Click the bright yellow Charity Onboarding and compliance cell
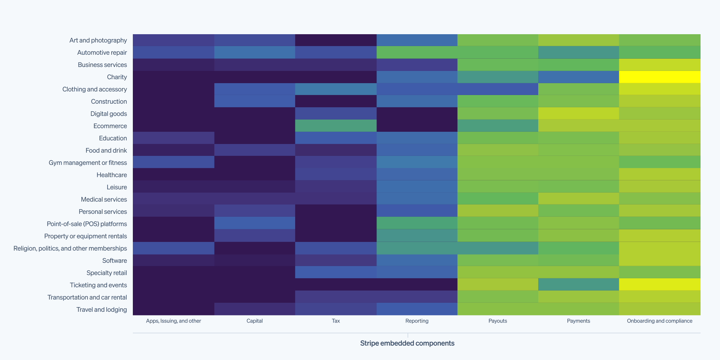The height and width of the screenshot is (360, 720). coord(660,77)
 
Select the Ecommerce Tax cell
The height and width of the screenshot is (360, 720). coord(336,126)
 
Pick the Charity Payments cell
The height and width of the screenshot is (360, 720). coord(579,77)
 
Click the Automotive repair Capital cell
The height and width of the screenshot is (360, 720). coord(255,53)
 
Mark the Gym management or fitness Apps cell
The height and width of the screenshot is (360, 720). coord(174,163)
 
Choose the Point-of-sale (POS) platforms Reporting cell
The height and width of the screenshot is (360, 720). coord(417,224)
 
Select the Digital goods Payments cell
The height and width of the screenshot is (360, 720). coord(579,114)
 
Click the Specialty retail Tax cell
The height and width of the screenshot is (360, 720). coord(336,273)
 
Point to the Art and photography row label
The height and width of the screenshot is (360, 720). coord(98,40)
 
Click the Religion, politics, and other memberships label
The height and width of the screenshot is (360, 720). coord(70,248)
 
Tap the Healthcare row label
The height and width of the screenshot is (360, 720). coord(112,175)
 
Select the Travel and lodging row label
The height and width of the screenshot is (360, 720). coord(102,310)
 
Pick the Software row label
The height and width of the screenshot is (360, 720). coord(114,261)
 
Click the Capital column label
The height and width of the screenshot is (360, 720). coord(255,321)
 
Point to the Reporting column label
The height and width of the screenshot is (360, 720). coord(417,321)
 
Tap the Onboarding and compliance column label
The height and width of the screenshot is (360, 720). coord(660,321)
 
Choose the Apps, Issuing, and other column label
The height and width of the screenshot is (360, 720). coord(174,321)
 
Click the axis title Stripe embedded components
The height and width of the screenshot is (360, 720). coord(407,343)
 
